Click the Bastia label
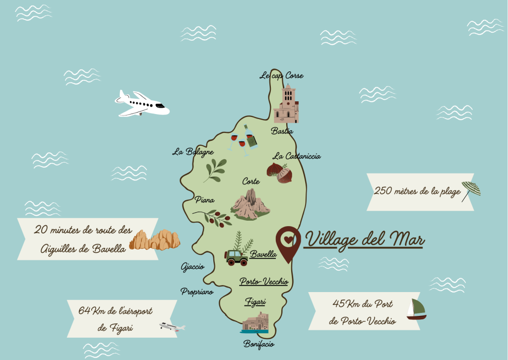[282, 131]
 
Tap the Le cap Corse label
[281, 76]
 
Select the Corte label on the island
[251, 181]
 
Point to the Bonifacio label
[258, 344]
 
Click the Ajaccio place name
[192, 267]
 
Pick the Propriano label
[197, 292]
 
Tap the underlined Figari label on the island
[256, 301]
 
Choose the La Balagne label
[193, 152]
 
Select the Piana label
[204, 200]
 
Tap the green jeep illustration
[237, 257]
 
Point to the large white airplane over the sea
[142, 104]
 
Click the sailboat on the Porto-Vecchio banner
[416, 309]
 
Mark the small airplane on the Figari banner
[172, 326]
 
